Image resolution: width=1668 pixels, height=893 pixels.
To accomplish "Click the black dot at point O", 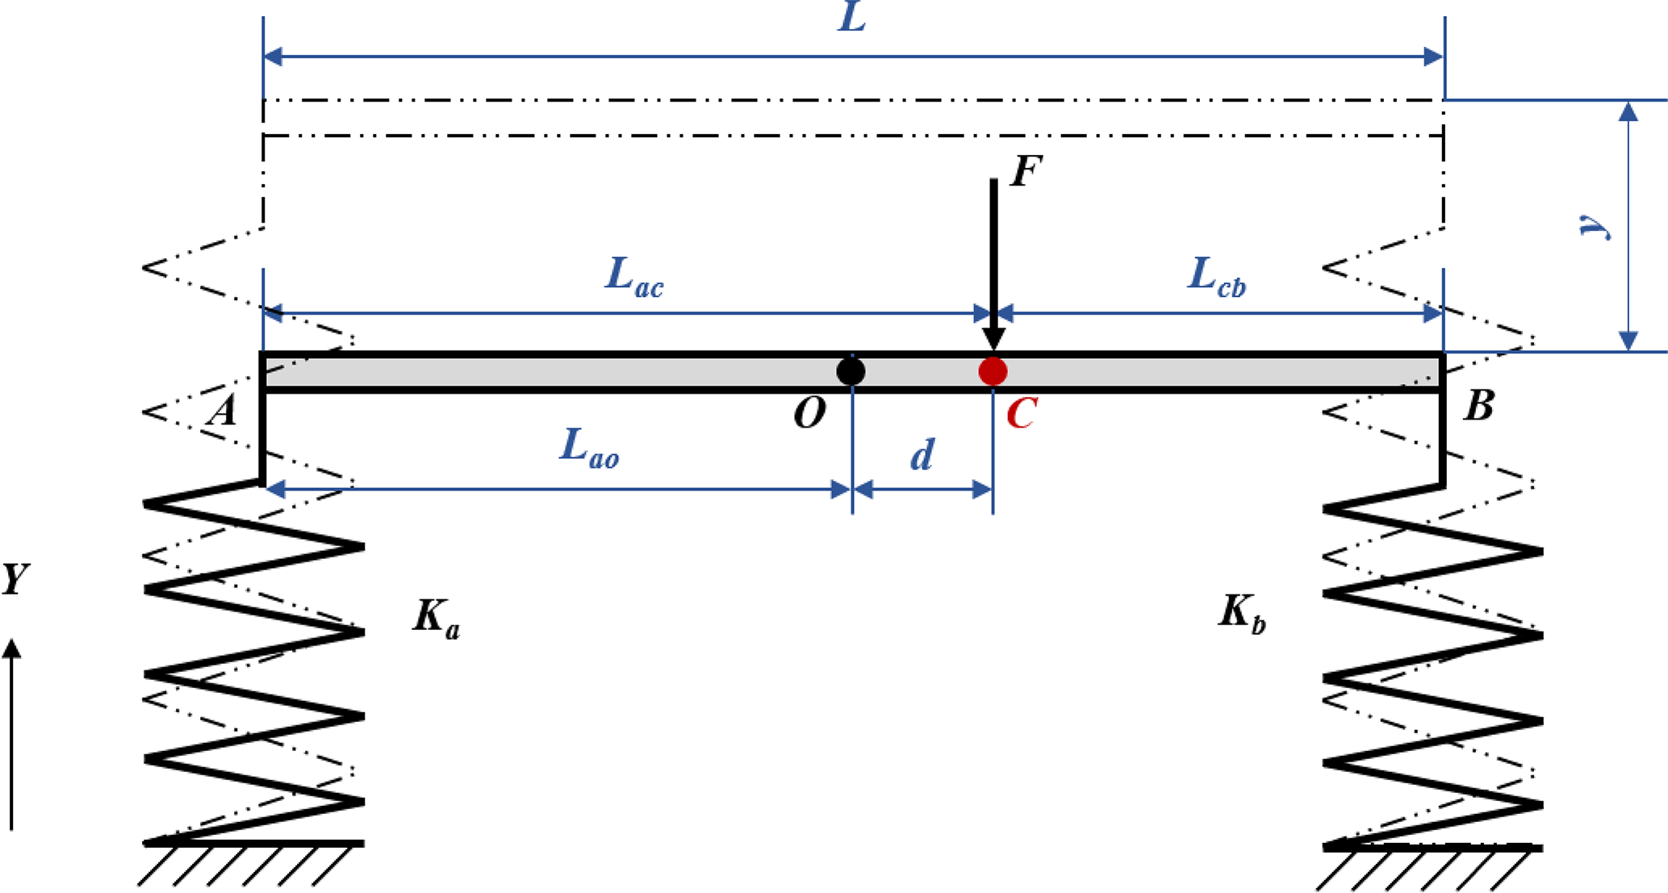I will (x=851, y=371).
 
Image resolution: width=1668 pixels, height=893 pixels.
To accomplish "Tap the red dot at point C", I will (x=993, y=371).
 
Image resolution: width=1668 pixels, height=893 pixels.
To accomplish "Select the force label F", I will (x=1026, y=172).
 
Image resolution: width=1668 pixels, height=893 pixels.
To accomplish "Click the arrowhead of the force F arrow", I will (x=993, y=338).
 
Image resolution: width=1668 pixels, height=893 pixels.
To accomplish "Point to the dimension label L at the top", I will (x=852, y=18).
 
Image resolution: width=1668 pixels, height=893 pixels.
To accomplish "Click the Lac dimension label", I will (x=634, y=277).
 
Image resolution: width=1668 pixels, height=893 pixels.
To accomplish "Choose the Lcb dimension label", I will (x=1217, y=277).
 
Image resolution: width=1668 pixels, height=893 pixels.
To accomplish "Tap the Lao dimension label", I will (x=589, y=449).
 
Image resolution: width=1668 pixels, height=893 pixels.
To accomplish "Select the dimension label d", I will (x=922, y=456).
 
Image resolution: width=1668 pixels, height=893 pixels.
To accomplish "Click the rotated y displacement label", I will (x=1595, y=227).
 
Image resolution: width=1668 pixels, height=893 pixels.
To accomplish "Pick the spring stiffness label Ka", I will (x=436, y=619).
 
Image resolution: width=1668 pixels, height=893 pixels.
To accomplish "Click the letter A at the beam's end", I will (x=223, y=411).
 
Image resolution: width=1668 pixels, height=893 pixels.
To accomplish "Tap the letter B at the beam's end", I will (x=1478, y=406).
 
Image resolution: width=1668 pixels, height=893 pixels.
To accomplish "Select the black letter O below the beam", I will (x=809, y=414).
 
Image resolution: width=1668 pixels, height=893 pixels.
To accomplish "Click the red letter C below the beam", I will (x=1021, y=415).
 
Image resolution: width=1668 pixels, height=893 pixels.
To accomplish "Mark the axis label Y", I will (x=15, y=579).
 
